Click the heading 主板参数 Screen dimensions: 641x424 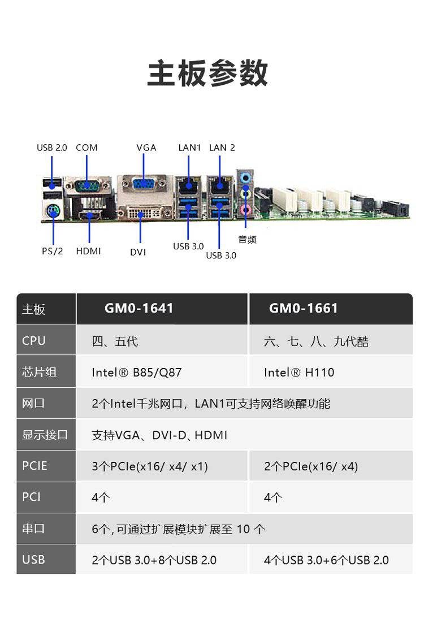click(x=207, y=73)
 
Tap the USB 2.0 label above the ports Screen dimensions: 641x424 click(x=52, y=148)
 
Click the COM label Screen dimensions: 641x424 click(x=86, y=148)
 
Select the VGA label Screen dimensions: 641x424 click(x=146, y=148)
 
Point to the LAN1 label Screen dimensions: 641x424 click(x=189, y=148)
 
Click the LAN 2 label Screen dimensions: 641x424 click(x=222, y=148)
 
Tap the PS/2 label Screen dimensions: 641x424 click(x=53, y=251)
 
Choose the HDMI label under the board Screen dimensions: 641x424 click(x=88, y=251)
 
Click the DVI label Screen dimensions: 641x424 click(x=138, y=252)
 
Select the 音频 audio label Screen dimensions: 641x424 click(x=247, y=240)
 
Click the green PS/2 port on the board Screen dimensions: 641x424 click(x=53, y=212)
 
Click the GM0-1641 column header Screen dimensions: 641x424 click(x=139, y=308)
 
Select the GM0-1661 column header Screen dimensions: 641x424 click(x=304, y=308)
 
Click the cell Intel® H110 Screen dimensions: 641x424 click(x=299, y=373)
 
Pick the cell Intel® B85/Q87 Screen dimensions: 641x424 click(x=137, y=373)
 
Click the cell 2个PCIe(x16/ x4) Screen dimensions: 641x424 click(x=311, y=466)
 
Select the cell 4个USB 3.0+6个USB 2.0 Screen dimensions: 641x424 click(x=326, y=560)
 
